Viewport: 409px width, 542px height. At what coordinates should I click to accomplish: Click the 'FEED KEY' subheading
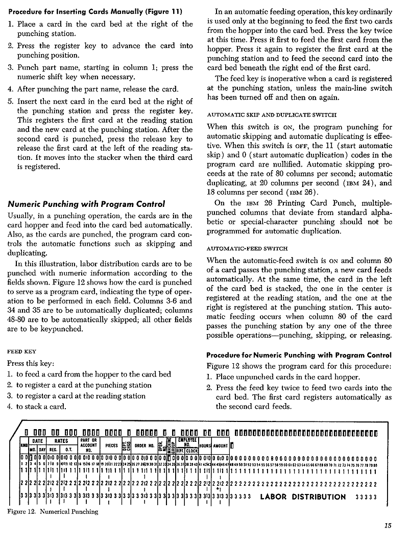[x=21, y=351]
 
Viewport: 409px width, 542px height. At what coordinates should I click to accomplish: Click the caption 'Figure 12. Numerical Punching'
[x=54, y=511]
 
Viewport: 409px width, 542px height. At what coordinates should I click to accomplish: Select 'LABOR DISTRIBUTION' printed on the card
[x=303, y=497]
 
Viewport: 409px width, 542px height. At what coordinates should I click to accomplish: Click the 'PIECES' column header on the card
[x=111, y=445]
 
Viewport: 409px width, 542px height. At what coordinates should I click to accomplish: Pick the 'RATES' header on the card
[x=62, y=440]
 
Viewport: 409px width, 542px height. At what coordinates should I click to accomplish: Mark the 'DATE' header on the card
[x=37, y=440]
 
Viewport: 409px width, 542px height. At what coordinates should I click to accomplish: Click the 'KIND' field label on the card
[x=23, y=445]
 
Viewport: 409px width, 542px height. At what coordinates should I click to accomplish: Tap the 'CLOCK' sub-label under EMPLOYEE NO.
[x=191, y=451]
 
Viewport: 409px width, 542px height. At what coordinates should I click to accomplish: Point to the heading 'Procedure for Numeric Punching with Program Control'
[x=299, y=355]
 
